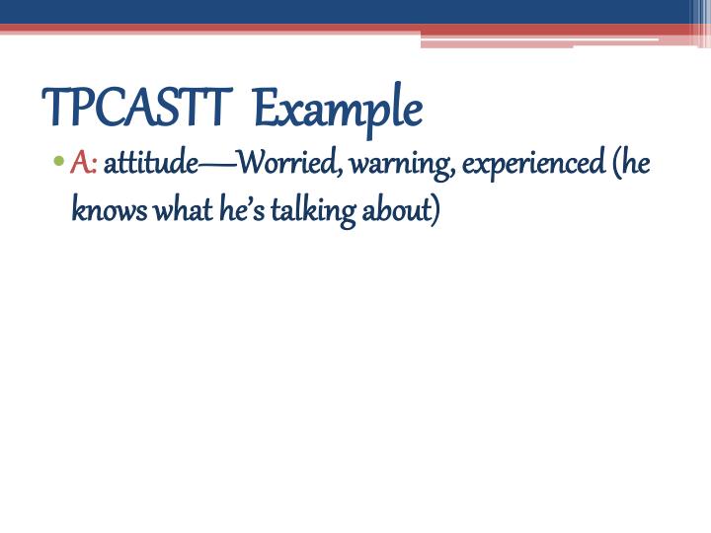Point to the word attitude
[150, 163]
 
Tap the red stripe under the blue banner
[197, 29]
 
